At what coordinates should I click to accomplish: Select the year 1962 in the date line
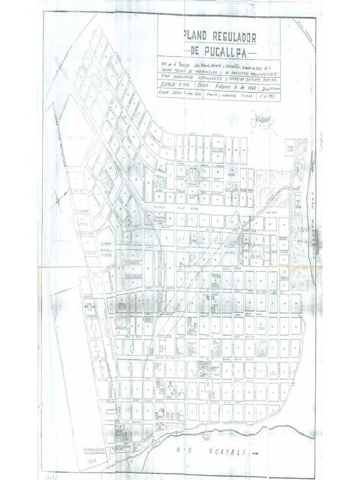tap(248, 86)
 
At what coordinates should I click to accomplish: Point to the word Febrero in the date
tap(225, 86)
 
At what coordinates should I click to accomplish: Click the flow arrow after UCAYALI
tap(255, 453)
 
